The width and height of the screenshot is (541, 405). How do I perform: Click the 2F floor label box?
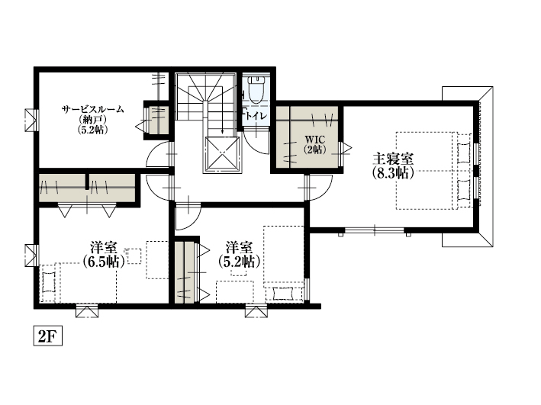click(47, 336)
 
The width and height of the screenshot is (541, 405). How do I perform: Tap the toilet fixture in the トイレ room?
click(256, 90)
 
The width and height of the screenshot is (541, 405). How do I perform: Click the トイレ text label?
click(256, 116)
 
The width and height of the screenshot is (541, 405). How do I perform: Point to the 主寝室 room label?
click(393, 159)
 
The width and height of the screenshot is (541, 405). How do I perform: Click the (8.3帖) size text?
click(393, 173)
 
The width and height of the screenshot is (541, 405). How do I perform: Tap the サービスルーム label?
click(93, 109)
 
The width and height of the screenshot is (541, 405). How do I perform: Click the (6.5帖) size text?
click(103, 262)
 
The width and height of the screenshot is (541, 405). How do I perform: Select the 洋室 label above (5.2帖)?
click(239, 248)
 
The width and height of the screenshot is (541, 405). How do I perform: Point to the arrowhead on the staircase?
click(222, 131)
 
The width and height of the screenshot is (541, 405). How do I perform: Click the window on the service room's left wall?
click(31, 120)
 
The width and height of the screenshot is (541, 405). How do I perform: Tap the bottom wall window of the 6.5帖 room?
click(87, 311)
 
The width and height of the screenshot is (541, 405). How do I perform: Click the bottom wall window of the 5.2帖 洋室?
click(256, 311)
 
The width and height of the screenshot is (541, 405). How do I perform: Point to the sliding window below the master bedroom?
click(375, 230)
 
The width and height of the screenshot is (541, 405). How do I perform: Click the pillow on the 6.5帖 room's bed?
click(49, 282)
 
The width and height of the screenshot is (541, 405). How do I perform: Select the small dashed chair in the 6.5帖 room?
click(134, 256)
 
